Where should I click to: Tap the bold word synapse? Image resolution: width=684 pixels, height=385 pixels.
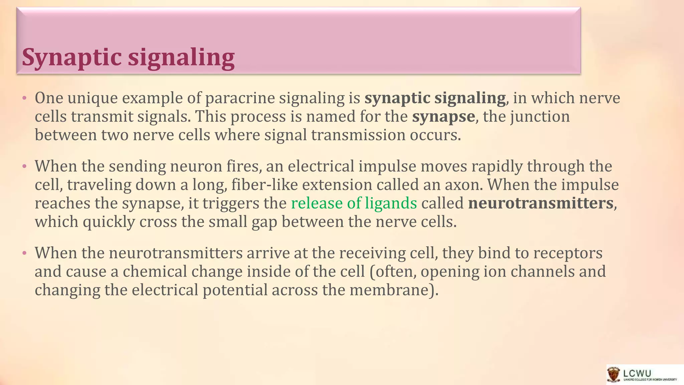(x=443, y=117)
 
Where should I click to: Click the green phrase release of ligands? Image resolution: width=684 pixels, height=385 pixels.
(x=354, y=203)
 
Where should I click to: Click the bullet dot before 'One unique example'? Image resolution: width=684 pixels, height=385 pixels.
(x=24, y=98)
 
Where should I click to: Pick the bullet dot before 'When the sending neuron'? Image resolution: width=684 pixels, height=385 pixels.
(x=24, y=166)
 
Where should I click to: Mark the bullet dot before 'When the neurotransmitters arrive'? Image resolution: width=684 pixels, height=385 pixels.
(x=24, y=253)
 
